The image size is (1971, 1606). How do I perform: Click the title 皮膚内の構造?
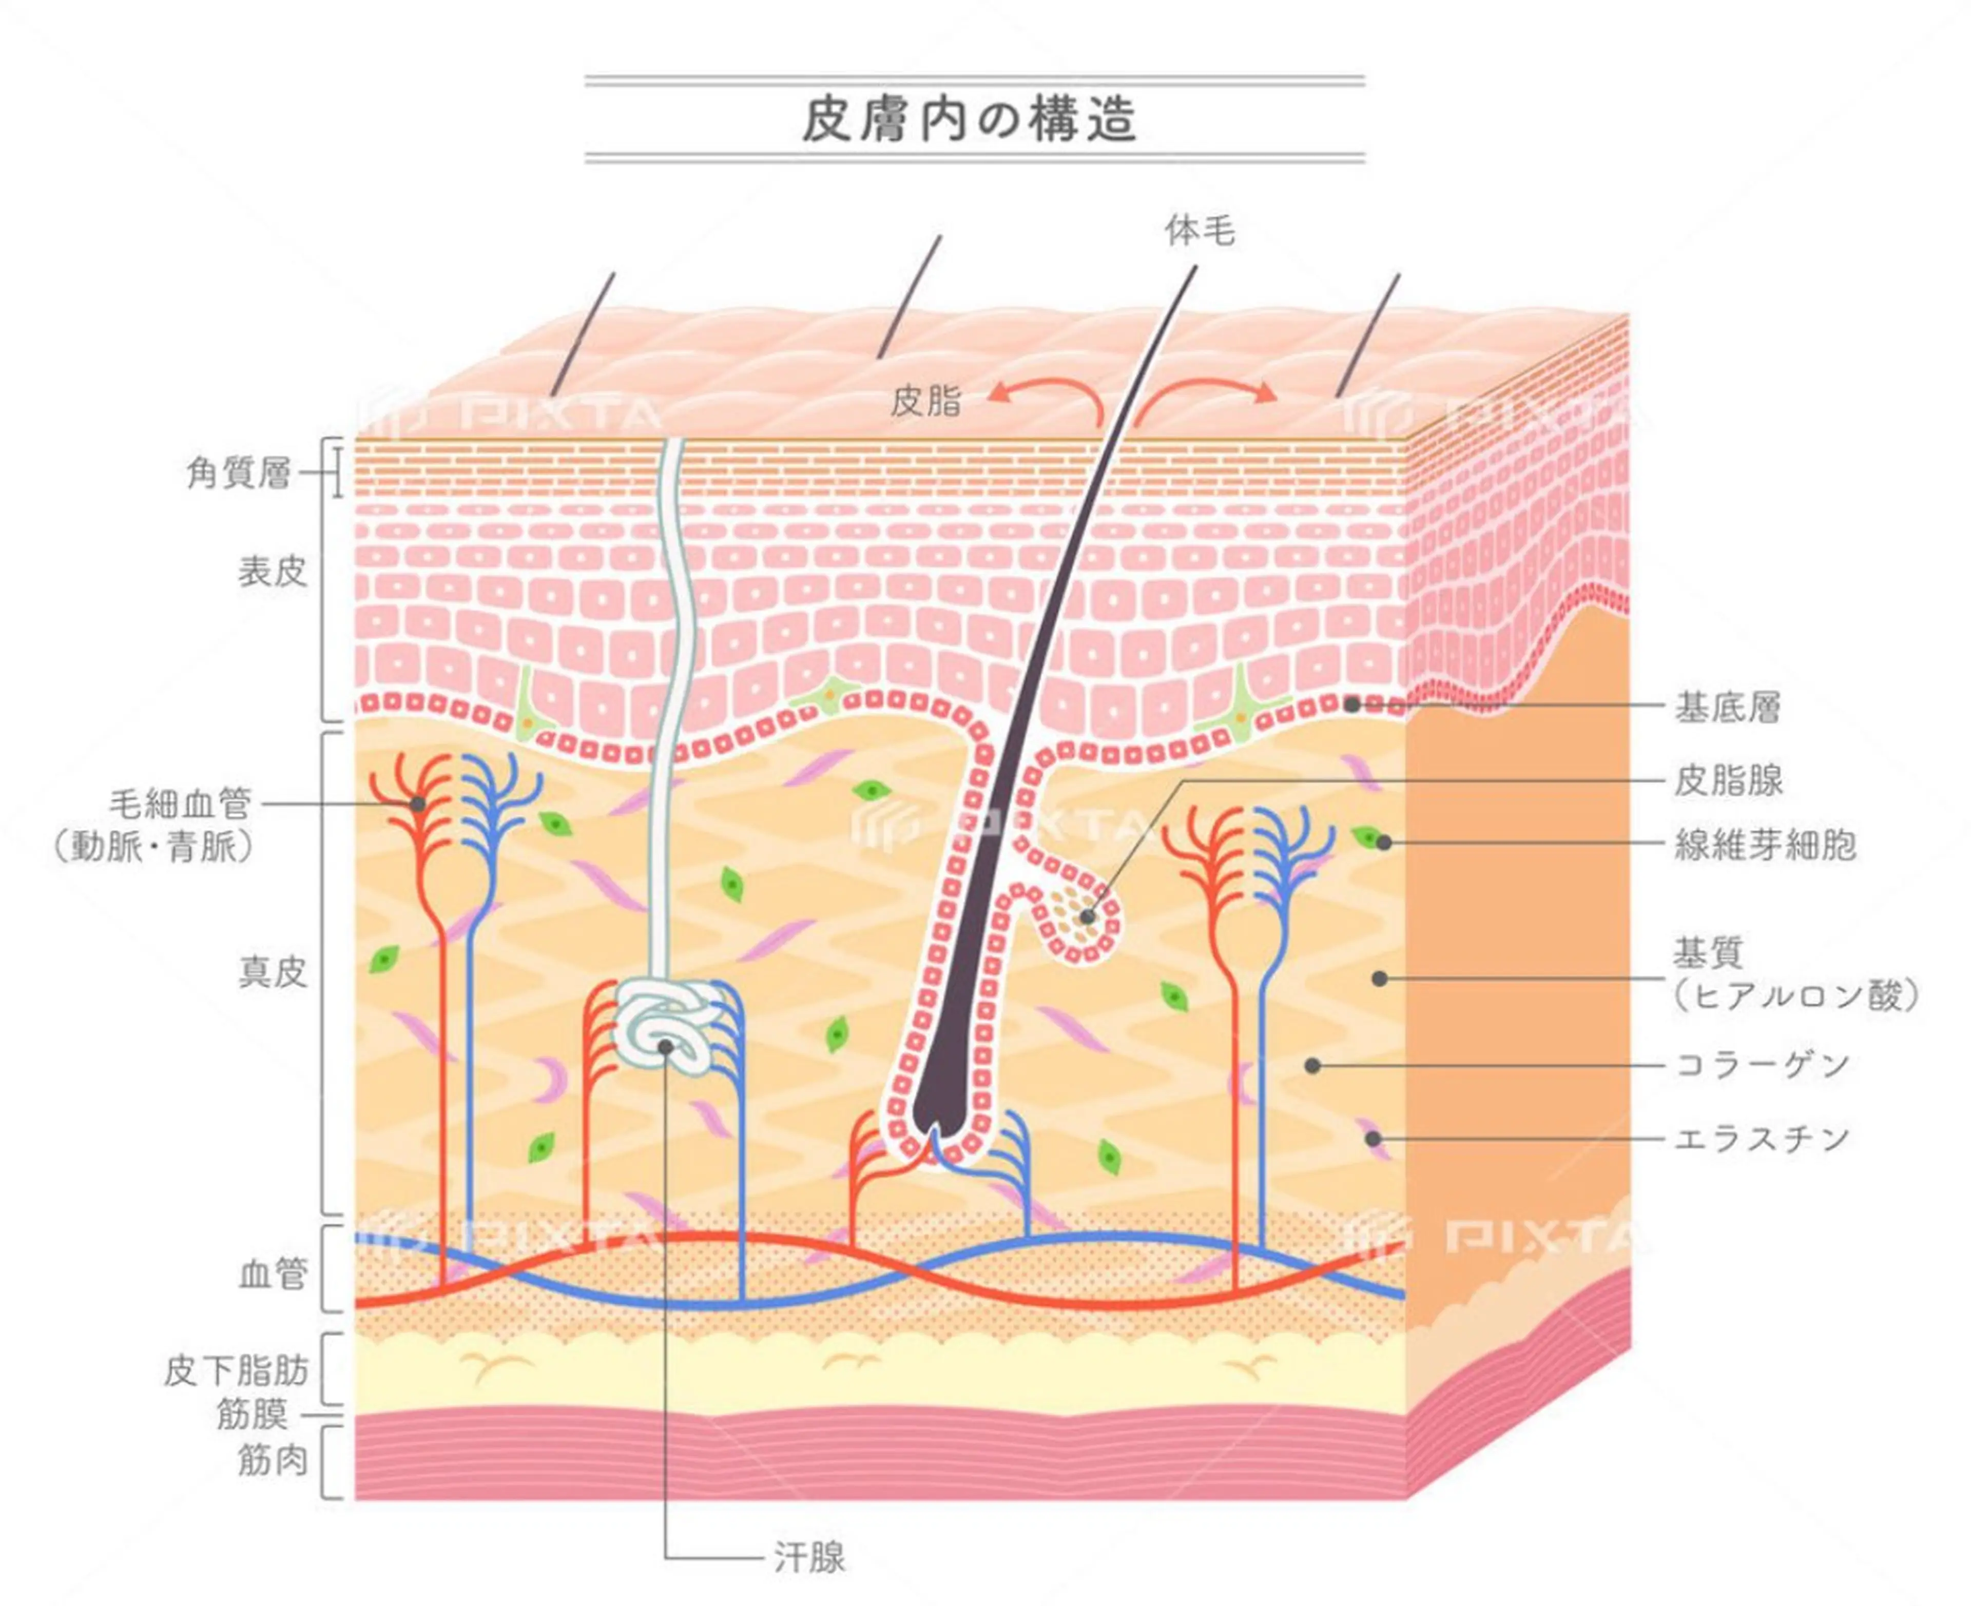click(x=969, y=120)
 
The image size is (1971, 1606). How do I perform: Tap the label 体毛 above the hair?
click(x=1199, y=230)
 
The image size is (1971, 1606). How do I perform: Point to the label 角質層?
click(x=239, y=474)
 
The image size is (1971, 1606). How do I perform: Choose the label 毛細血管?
click(x=181, y=804)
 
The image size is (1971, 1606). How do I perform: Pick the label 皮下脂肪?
click(x=236, y=1371)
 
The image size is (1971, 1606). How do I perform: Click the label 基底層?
click(x=1727, y=709)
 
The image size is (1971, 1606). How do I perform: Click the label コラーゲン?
click(x=1762, y=1066)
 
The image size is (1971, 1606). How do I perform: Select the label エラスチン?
click(x=1762, y=1139)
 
